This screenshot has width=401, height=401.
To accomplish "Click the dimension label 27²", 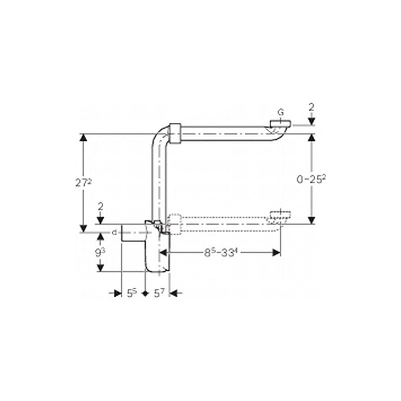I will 83,182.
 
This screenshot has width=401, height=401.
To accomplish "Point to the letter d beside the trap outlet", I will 114,232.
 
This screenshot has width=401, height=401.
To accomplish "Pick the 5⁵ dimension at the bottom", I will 132,293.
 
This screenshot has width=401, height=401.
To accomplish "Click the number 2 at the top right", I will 311,107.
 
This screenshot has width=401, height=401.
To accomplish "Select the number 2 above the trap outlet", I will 101,206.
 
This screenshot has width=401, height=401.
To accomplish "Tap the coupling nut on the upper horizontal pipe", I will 175,133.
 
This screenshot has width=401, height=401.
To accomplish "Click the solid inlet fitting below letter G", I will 280,123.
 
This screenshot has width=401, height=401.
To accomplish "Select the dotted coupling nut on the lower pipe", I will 173,224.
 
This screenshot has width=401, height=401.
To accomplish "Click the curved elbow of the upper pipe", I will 158,136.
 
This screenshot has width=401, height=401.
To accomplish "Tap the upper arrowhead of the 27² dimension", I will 83,138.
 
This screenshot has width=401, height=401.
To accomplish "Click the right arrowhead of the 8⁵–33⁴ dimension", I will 276,253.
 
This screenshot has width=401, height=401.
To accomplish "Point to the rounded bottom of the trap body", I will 158,268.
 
